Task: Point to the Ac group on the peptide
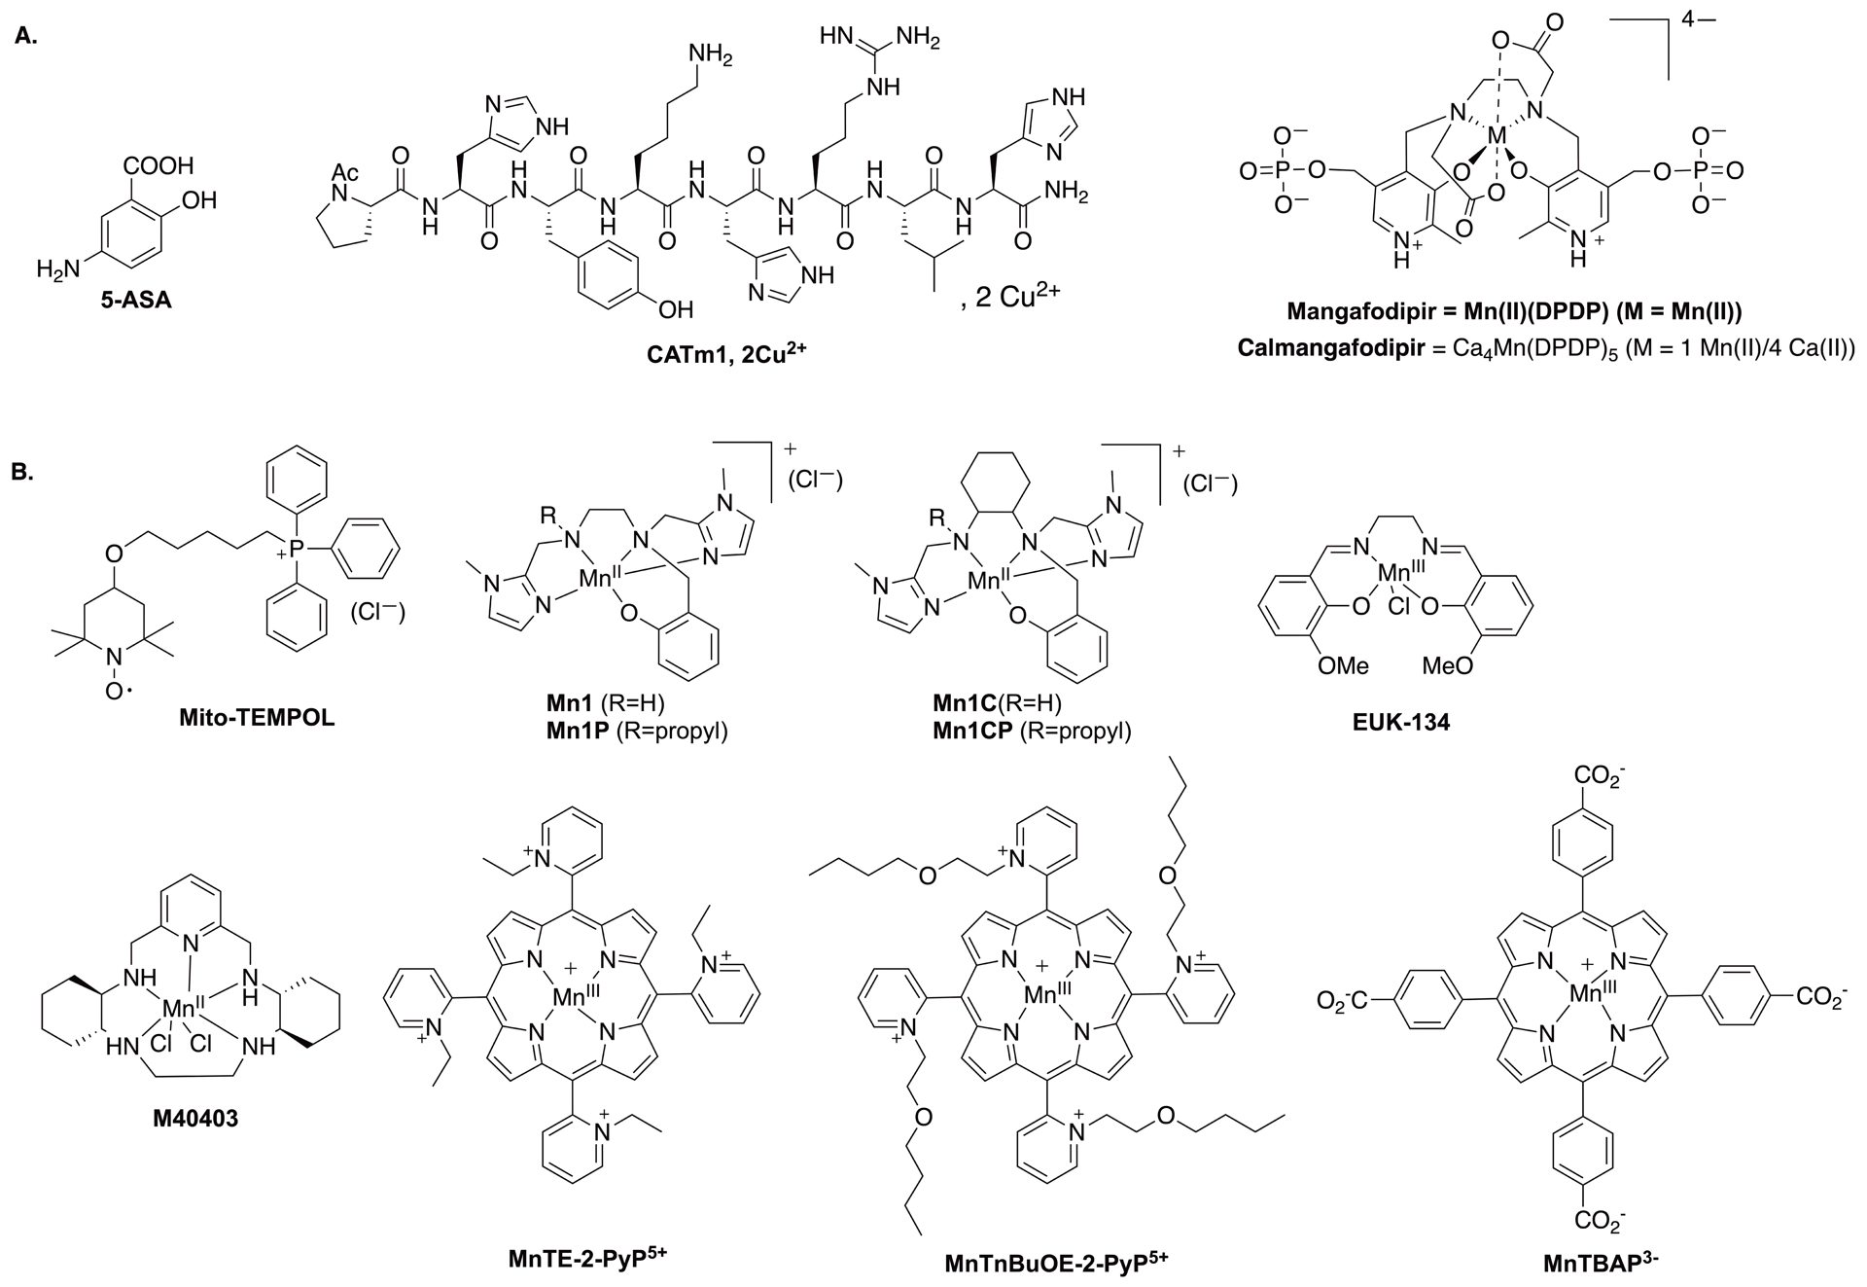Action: tap(346, 172)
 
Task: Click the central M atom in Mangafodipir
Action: tap(1497, 143)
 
